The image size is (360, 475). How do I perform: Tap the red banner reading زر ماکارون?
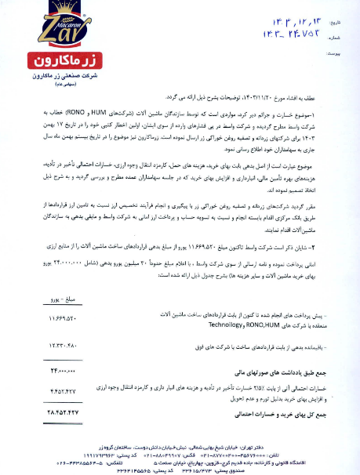[x=45, y=59]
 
